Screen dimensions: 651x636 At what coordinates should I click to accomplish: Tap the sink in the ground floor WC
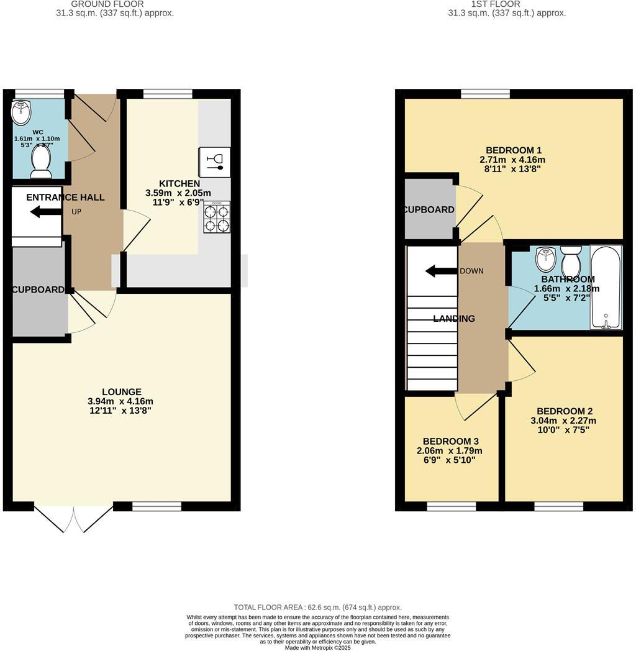tap(21, 112)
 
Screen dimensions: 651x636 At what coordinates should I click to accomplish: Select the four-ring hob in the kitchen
tap(216, 217)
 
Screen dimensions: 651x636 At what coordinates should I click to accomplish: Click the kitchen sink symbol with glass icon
tap(214, 161)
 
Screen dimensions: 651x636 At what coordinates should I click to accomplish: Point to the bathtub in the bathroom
tap(606, 288)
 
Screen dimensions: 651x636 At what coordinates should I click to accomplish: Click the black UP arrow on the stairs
tap(45, 212)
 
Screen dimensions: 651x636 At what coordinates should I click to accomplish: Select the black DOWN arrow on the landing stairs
tap(440, 271)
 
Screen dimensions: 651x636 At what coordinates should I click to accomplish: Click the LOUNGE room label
tap(122, 392)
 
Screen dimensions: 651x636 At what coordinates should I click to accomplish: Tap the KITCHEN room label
tap(179, 183)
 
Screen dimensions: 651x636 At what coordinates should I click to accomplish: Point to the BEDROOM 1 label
tap(514, 150)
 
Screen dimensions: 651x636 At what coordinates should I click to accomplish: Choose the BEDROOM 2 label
tap(564, 411)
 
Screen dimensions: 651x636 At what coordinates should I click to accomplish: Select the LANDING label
tap(454, 319)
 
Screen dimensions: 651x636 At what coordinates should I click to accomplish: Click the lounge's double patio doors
tap(73, 519)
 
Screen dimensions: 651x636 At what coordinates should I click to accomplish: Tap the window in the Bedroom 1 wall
tap(485, 93)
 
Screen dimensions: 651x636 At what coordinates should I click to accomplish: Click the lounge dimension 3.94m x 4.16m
tap(120, 401)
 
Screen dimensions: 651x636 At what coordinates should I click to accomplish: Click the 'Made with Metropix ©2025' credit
tap(317, 647)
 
